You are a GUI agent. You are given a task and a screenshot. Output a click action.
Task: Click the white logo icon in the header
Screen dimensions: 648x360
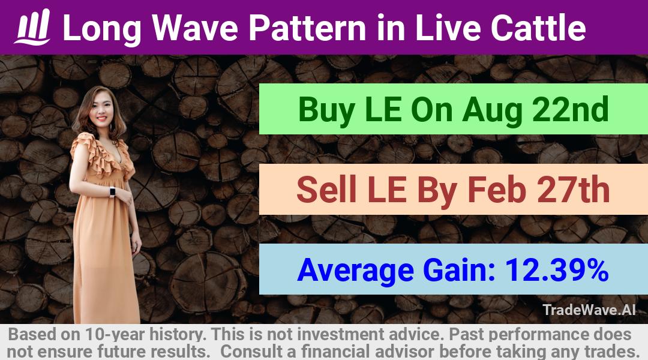coord(32,27)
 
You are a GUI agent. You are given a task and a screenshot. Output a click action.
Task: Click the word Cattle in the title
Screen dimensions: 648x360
coord(538,28)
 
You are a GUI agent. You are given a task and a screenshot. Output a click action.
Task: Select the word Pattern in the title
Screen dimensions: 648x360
coord(307,28)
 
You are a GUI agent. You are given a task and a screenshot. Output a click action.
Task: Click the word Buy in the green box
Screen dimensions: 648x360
coord(326,110)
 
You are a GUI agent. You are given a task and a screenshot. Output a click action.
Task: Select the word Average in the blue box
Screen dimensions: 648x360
coord(355,271)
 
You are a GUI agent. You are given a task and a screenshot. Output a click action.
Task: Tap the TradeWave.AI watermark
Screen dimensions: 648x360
coord(589,310)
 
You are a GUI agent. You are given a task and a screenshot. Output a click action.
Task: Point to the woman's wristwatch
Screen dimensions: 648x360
coord(112,192)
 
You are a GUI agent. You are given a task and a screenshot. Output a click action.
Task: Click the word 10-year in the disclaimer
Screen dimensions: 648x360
coord(115,334)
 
